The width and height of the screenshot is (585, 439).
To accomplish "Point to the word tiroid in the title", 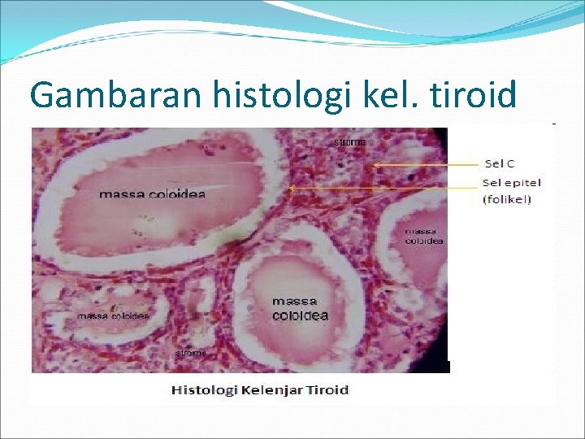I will click(470, 95).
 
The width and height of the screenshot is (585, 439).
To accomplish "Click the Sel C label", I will click(499, 163).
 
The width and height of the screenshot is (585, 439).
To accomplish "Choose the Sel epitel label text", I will click(511, 182).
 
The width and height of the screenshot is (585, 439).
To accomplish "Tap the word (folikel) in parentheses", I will click(507, 198).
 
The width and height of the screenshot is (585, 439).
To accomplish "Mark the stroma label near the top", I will click(350, 142).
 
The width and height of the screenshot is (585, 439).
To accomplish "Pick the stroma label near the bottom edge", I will click(192, 353).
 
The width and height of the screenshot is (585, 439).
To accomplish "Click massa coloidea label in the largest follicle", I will click(152, 193).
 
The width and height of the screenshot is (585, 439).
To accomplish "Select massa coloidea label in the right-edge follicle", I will click(423, 236).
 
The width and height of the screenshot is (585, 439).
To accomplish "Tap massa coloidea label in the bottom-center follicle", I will click(300, 309).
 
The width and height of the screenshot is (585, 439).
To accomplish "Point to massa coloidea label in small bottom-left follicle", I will click(113, 315).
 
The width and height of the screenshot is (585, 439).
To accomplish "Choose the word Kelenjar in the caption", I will click(272, 390).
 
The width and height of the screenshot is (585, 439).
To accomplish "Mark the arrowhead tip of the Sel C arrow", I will click(375, 165).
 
